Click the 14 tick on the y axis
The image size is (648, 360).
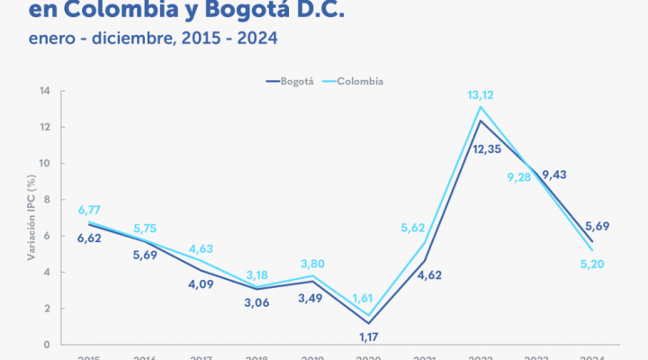[x=43, y=91]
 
